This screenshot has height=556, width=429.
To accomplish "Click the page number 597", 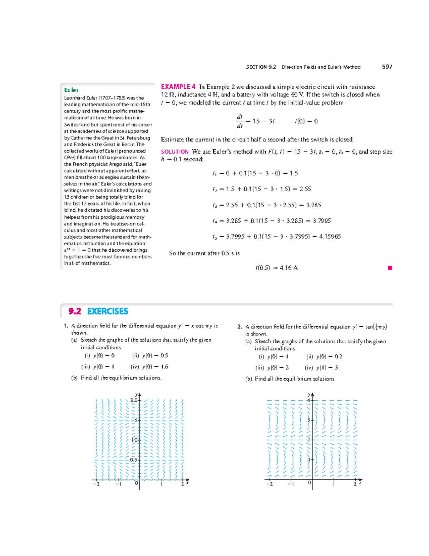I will (x=387, y=67).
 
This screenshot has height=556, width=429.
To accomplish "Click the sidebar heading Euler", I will (x=71, y=90).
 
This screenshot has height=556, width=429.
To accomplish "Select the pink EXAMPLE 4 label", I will (x=178, y=87).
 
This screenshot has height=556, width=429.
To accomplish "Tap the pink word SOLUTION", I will (x=174, y=152).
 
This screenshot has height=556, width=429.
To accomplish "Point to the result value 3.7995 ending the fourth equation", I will (x=322, y=221).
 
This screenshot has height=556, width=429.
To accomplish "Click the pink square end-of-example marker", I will (x=390, y=268).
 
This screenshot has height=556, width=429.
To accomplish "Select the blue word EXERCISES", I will (x=108, y=311).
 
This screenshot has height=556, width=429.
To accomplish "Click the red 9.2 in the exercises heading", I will (x=75, y=311).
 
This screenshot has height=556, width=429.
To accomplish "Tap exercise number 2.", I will (x=240, y=327).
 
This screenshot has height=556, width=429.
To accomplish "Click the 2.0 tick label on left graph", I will (x=134, y=400).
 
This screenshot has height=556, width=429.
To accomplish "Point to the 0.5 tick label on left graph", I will (x=133, y=460).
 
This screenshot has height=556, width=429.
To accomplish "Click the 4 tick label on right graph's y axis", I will (x=309, y=400).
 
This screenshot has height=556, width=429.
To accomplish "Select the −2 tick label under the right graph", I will (x=269, y=484).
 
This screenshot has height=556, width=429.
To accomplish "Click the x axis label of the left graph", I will (x=187, y=483).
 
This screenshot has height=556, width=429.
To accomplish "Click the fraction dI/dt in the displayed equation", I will (x=240, y=121).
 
